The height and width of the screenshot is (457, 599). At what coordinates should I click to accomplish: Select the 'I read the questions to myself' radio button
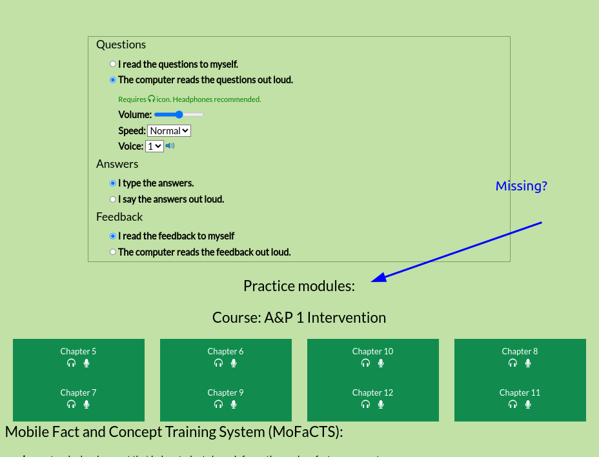(x=113, y=64)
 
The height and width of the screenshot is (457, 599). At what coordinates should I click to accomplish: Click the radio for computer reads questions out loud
(x=113, y=80)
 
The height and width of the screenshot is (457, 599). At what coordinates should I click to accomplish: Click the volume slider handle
(x=179, y=114)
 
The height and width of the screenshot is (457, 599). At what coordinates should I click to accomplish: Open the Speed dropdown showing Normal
(x=169, y=130)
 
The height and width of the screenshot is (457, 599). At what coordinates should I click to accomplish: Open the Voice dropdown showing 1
(x=154, y=147)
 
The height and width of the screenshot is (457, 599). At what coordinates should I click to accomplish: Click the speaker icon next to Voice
(x=170, y=146)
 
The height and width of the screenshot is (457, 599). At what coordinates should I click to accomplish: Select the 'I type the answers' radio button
(x=113, y=183)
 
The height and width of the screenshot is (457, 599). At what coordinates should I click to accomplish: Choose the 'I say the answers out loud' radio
(x=113, y=199)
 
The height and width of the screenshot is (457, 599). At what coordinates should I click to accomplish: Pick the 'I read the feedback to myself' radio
(x=113, y=236)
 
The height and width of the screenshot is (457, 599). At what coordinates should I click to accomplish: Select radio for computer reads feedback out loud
(x=113, y=252)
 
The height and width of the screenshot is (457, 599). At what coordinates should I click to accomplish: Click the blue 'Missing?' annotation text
(x=521, y=186)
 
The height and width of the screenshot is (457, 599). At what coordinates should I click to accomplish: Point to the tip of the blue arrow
(x=373, y=281)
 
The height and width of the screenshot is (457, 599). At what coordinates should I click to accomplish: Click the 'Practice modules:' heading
(x=299, y=286)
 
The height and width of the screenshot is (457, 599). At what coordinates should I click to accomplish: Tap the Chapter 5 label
(x=78, y=351)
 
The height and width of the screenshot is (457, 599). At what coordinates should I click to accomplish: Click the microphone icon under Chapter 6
(x=234, y=363)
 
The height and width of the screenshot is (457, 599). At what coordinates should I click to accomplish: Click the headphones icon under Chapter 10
(x=365, y=363)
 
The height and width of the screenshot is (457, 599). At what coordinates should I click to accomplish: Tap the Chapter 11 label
(x=520, y=392)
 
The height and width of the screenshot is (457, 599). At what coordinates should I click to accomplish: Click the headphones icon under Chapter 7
(x=71, y=404)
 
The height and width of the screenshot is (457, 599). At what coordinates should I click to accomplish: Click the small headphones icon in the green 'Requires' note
(x=152, y=99)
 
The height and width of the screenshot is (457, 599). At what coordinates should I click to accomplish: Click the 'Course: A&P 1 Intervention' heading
(x=299, y=318)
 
